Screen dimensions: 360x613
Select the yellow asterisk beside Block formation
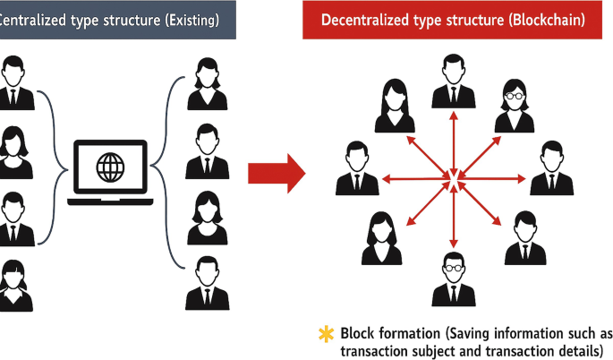(x=326, y=334)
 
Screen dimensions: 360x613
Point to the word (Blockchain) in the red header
(x=544, y=20)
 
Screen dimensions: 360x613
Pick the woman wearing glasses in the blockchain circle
(x=515, y=105)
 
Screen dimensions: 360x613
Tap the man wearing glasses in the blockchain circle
(x=454, y=279)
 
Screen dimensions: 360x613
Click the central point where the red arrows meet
(x=454, y=183)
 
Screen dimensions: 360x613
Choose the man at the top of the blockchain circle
(x=454, y=82)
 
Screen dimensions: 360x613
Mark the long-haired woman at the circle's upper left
(x=394, y=105)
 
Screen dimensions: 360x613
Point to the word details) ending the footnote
(x=577, y=351)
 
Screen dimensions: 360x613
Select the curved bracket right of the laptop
(x=159, y=166)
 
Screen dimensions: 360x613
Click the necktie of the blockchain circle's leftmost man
(x=357, y=182)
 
